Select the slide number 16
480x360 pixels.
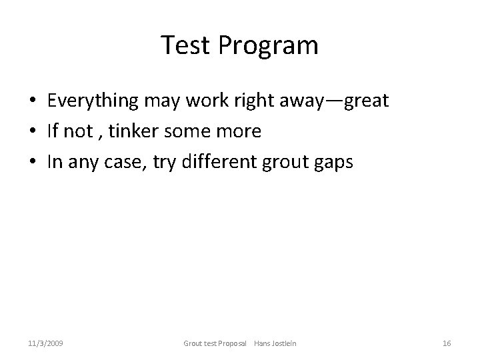pyautogui.click(x=447, y=343)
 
